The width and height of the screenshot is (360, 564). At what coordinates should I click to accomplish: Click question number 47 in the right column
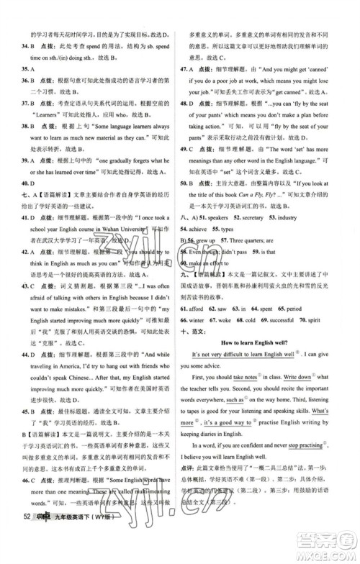[x=185, y=69]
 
